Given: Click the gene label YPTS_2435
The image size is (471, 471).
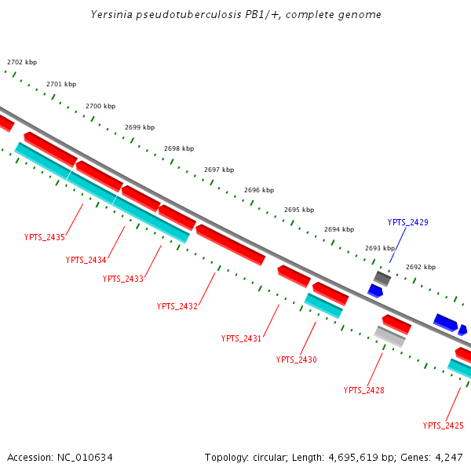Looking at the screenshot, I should tap(45, 236).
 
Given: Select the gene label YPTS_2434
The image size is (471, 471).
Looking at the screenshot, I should tap(86, 260).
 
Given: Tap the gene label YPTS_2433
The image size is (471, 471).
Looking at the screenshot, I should tap(123, 279).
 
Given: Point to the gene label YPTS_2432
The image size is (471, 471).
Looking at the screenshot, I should tap(177, 306).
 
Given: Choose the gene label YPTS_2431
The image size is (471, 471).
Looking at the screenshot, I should tap(242, 338).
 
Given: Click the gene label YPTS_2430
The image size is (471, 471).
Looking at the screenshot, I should tap(297, 359).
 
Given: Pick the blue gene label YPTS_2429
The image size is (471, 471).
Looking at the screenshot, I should tap(408, 222).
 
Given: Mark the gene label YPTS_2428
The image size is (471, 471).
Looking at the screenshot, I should tap(364, 390).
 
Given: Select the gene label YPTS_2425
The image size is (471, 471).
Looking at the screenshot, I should tap(444, 425).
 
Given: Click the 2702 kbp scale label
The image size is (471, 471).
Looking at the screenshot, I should tap(22, 62).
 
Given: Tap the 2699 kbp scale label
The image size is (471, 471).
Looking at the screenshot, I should tap(140, 127).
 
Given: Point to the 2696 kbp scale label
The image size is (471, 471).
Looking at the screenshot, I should tap(259, 190).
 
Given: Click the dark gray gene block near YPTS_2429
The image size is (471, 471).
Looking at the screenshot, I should tap(382, 278).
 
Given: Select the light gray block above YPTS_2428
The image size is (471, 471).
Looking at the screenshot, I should tap(389, 336).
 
